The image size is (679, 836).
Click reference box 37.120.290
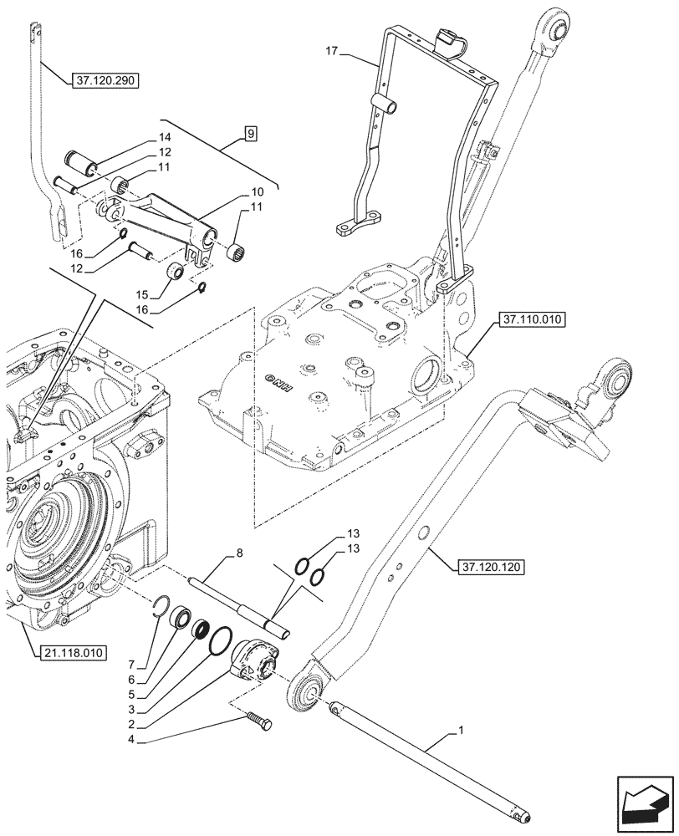(x=105, y=81)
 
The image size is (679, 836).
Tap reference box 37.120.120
(x=491, y=568)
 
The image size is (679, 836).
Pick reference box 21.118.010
(x=72, y=653)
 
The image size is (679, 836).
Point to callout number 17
(x=332, y=51)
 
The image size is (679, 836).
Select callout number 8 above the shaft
(x=239, y=553)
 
